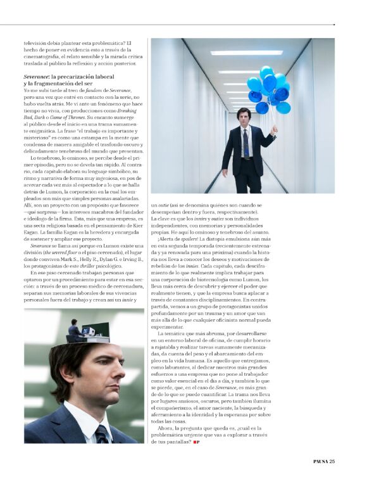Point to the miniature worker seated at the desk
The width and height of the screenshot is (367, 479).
74,330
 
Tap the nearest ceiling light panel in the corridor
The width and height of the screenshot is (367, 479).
247,53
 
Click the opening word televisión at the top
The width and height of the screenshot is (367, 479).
38,43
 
